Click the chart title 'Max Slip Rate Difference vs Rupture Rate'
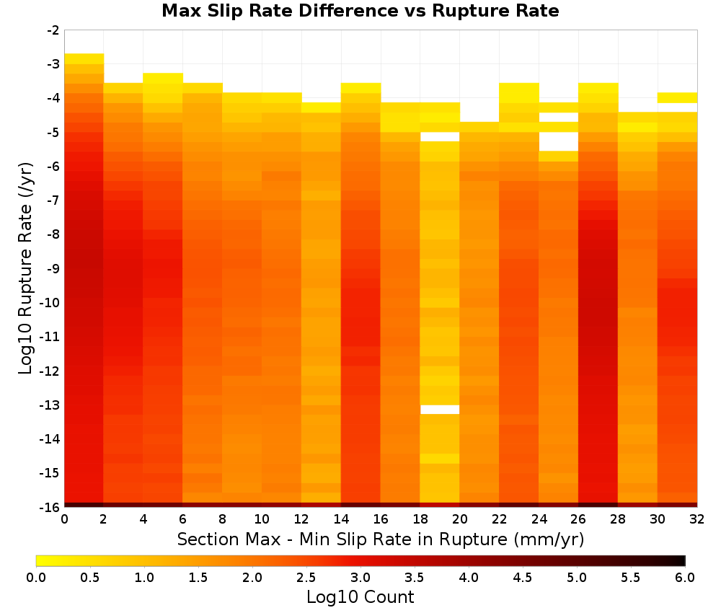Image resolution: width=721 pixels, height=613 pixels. coord(360,11)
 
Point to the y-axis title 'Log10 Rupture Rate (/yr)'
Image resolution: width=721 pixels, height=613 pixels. coord(26,268)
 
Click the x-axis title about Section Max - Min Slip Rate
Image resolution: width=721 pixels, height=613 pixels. coord(380,539)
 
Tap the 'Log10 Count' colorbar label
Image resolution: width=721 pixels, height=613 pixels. coord(360,597)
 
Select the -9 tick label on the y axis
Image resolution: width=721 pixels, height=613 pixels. coord(53,268)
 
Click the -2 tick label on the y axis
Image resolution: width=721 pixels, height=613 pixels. coord(53,30)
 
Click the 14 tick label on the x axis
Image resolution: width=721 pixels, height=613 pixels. coord(341,519)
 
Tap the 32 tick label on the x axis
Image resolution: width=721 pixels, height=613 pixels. coord(697,519)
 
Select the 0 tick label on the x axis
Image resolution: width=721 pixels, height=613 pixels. coord(64,519)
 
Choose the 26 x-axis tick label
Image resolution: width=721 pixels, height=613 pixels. coord(578,519)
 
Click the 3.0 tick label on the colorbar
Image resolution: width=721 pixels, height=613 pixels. coord(360,578)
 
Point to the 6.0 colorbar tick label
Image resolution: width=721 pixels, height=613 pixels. coord(685,578)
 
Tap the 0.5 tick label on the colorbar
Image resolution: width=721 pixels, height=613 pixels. coord(89,578)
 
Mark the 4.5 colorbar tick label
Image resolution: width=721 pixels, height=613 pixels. coord(522,578)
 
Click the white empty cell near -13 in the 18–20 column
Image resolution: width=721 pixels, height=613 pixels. coord(440,410)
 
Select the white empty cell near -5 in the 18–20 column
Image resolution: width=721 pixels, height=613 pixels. coord(440,137)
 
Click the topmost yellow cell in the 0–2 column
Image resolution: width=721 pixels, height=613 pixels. coord(84,59)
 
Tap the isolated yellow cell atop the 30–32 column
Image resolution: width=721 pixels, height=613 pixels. coord(677,97)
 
